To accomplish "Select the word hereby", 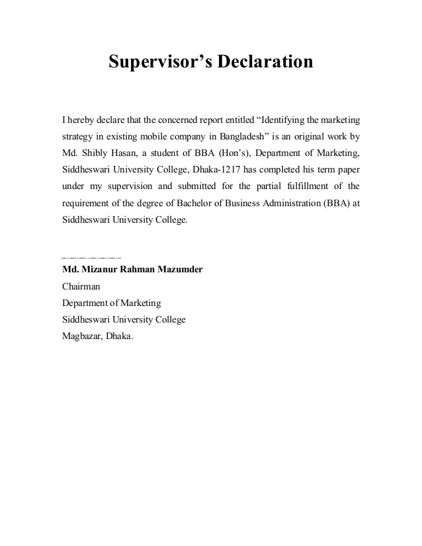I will (x=81, y=120).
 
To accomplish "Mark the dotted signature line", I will (x=91, y=256).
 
